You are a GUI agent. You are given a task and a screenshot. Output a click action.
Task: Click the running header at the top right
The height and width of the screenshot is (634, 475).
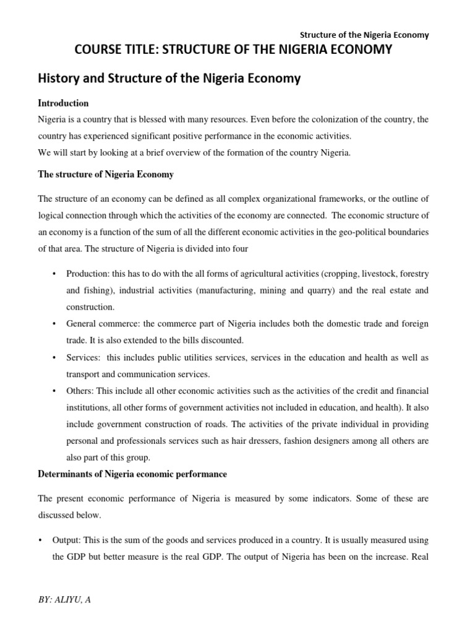(365, 35)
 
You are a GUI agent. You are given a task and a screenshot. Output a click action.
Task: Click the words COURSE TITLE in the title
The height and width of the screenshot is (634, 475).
(113, 50)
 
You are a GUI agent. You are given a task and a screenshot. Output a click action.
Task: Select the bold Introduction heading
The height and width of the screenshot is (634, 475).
(63, 103)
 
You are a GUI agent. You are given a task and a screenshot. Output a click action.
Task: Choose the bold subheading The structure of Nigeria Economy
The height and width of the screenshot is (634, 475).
(106, 175)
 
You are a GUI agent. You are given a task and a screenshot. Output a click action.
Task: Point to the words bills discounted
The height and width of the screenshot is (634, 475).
(212, 341)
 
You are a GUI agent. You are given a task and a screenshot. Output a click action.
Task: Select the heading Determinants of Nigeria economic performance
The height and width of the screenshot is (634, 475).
(132, 474)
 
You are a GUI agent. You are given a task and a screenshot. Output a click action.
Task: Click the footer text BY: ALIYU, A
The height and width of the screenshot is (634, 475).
(64, 601)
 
